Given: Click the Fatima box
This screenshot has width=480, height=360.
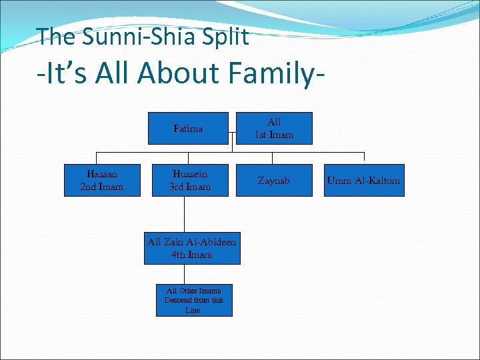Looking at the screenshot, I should click(x=189, y=129).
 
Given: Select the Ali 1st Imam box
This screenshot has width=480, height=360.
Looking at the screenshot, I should click(x=274, y=129).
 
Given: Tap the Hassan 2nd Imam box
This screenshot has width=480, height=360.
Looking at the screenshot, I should click(x=102, y=181).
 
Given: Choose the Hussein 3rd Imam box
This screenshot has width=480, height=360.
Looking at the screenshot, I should click(x=190, y=181).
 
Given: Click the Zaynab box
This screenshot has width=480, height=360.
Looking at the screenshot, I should click(x=274, y=181).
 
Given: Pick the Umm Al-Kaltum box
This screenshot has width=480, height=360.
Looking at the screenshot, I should click(x=363, y=181).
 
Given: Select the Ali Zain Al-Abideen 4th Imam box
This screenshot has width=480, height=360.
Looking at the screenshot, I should click(x=191, y=248).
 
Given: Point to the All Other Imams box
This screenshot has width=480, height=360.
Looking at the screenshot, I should click(x=194, y=300).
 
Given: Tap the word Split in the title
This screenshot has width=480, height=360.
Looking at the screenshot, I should click(x=225, y=37).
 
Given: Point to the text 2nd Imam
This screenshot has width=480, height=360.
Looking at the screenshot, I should click(x=102, y=187).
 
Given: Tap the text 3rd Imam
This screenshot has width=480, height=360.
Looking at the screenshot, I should click(x=190, y=187).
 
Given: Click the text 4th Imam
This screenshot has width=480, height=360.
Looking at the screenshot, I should click(x=191, y=255).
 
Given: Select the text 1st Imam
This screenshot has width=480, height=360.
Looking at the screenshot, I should click(x=274, y=135).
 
